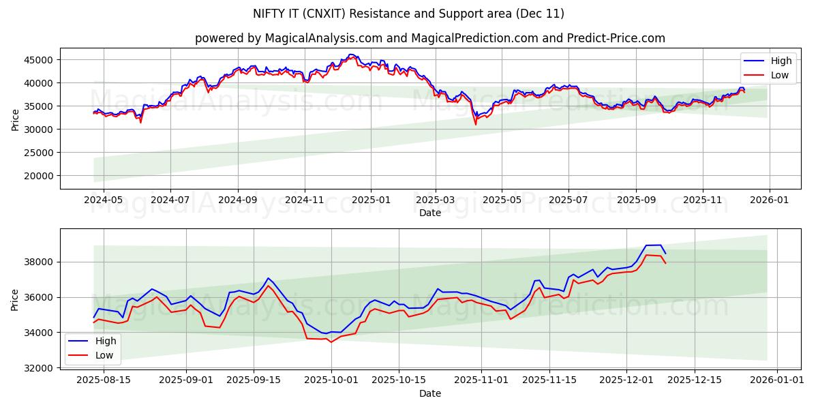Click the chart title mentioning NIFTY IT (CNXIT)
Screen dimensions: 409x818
409,14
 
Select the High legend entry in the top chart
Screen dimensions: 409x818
781,61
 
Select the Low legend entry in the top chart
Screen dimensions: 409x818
780,75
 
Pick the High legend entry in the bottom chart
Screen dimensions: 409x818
106,341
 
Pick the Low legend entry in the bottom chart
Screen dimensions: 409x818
104,355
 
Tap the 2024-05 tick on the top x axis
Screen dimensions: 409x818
104,200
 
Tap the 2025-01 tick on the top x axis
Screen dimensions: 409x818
371,200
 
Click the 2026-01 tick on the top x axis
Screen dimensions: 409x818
770,200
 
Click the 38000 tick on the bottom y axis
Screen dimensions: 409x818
39,262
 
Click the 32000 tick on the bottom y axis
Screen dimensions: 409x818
39,368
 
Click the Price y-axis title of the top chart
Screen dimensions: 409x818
16,119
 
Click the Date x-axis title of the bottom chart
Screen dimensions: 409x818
429,393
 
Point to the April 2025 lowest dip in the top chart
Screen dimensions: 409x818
476,124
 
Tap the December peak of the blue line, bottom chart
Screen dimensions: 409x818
660,245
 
